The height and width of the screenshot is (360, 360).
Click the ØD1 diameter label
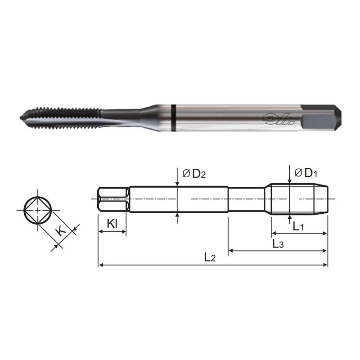(x=306, y=172)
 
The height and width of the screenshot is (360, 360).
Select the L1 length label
(x=298, y=227)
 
